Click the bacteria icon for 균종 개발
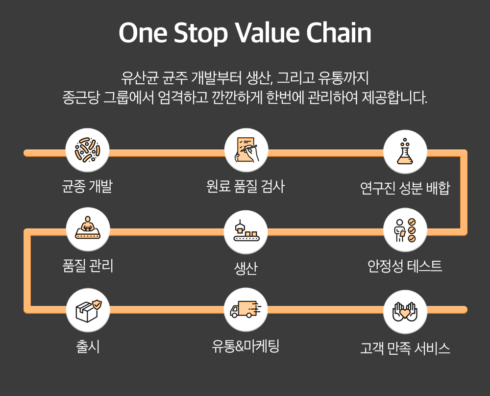click(87, 150)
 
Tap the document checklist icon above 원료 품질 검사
click(246, 150)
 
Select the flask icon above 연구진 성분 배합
click(405, 151)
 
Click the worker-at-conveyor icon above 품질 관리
click(88, 228)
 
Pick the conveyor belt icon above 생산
click(246, 231)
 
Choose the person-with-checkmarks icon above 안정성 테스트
click(405, 230)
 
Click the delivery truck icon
click(245, 309)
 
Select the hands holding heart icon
click(405, 312)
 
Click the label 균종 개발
click(87, 186)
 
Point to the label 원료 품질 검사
click(245, 186)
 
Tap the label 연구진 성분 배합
click(405, 188)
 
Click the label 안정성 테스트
click(405, 266)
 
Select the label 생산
click(245, 268)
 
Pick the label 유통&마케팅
click(245, 346)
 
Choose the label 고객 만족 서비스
click(405, 348)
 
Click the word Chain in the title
click(339, 32)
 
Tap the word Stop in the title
click(200, 33)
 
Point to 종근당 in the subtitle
click(81, 97)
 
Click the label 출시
click(88, 346)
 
